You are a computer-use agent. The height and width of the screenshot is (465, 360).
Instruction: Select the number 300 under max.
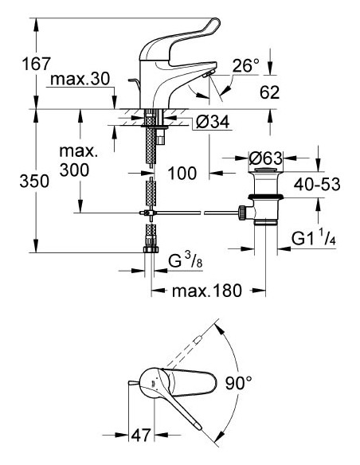click(73, 170)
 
